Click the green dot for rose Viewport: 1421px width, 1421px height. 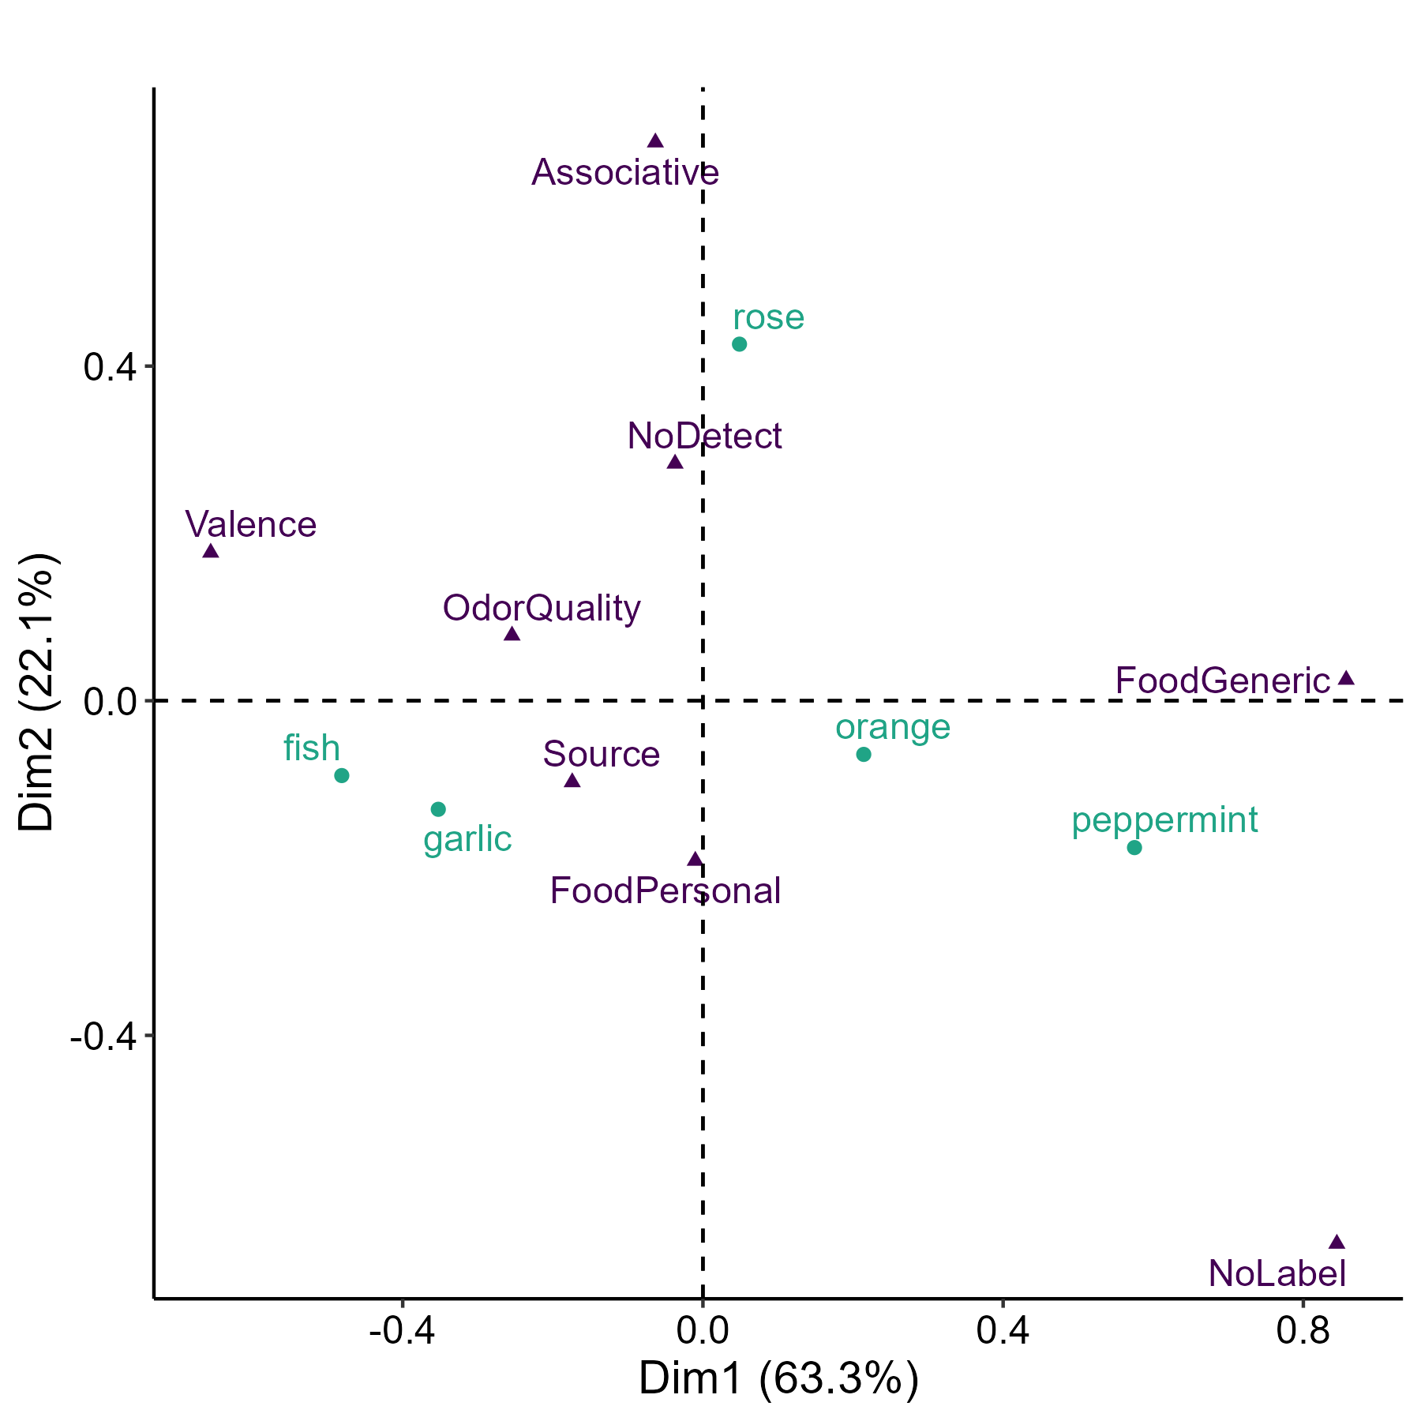[x=739, y=344]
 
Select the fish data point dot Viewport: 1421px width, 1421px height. [x=342, y=775]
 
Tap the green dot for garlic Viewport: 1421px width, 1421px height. [x=438, y=809]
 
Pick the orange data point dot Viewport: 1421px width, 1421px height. [x=864, y=754]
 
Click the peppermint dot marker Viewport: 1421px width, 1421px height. [x=1134, y=848]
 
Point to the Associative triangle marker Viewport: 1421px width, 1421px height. [x=655, y=141]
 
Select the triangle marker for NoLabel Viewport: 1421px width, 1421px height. [x=1337, y=1242]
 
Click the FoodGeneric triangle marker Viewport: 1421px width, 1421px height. [x=1347, y=678]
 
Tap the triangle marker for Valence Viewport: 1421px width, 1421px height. [x=211, y=551]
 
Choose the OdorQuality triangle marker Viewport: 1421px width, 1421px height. [x=512, y=634]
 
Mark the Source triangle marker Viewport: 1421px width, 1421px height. [x=572, y=782]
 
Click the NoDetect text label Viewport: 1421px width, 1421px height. [x=704, y=437]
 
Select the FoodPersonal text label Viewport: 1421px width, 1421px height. [x=666, y=891]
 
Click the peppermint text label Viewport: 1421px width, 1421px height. [x=1164, y=820]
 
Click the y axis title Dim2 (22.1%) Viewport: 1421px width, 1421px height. [x=37, y=692]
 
